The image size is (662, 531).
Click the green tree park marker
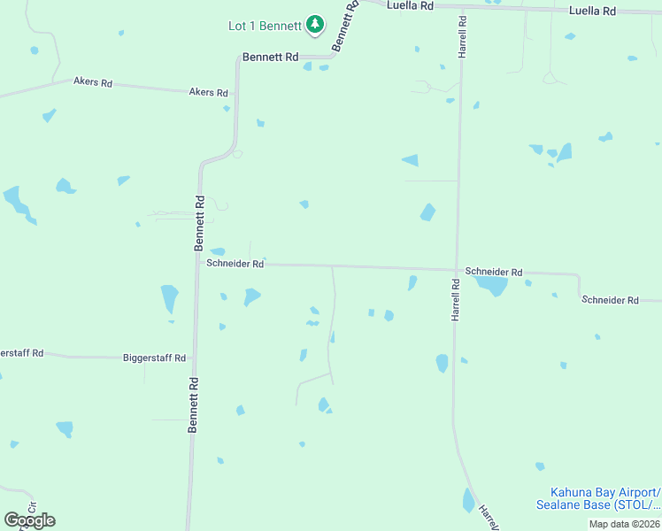314,25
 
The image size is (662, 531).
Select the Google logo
29,519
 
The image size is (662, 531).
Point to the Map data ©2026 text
624,524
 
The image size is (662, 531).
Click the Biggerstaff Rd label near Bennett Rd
154,358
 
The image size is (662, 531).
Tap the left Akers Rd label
93,83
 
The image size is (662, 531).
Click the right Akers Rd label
209,92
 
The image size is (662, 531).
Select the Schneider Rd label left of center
235,264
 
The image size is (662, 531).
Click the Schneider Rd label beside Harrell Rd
494,273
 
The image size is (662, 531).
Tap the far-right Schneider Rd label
610,301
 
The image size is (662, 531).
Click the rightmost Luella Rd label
592,11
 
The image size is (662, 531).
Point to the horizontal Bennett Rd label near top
270,57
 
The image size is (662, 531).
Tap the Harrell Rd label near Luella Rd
462,37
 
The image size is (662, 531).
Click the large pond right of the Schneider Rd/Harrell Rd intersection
489,285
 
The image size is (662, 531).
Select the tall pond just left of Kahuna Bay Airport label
468,501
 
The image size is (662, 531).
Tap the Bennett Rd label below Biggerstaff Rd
191,404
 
